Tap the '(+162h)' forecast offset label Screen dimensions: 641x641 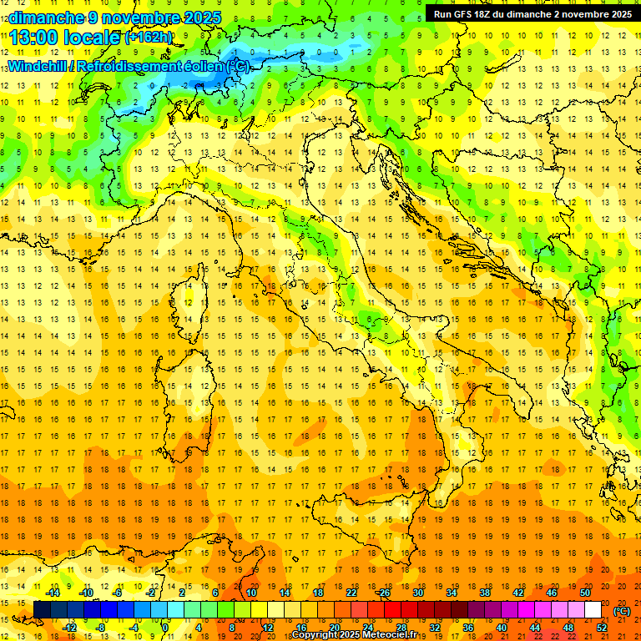tap(148, 38)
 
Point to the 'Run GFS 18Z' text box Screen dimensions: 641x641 tap(532, 14)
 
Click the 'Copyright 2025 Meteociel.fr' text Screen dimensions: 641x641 tap(354, 635)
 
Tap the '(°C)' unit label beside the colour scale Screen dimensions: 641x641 tap(622, 611)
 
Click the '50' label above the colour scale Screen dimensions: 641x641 tap(585, 593)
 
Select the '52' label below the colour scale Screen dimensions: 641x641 tap(602, 628)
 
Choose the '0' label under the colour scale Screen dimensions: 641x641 tap(165, 628)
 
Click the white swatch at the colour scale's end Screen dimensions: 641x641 tap(593, 610)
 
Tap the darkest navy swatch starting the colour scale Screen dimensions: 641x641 tap(42, 610)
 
